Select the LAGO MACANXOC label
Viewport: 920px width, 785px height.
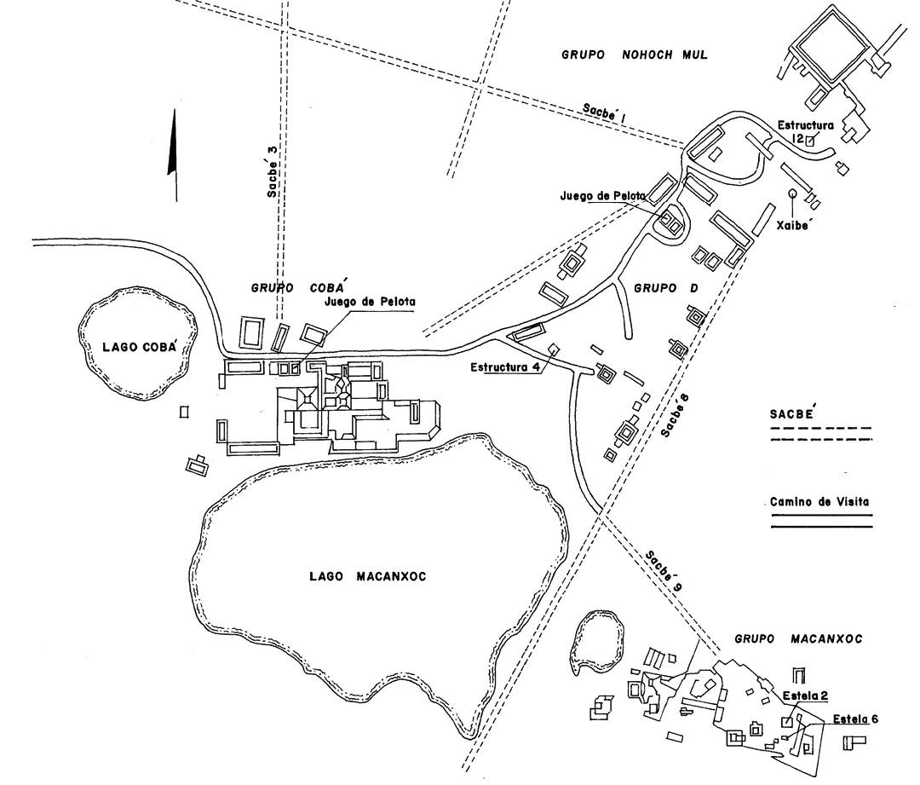[x=367, y=577]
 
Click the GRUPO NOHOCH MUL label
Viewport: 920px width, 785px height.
[x=635, y=55]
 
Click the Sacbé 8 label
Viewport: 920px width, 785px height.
[x=674, y=414]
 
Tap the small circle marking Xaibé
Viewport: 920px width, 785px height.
[x=793, y=194]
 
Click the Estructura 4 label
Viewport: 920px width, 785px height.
[x=505, y=368]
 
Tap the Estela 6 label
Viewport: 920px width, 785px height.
[x=855, y=719]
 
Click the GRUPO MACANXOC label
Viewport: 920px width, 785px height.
[x=797, y=638]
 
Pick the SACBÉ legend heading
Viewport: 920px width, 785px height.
[x=793, y=413]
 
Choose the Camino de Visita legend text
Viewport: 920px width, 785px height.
[x=819, y=502]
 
